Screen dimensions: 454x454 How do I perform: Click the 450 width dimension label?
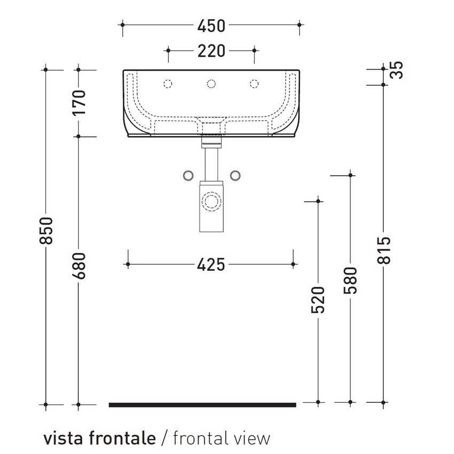212,26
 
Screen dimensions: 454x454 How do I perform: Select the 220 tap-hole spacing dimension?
212,51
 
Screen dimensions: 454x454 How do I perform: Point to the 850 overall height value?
47,231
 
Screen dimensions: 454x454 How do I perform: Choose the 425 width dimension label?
212,264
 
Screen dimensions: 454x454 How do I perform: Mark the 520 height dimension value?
318,300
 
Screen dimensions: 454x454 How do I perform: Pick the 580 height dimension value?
350,281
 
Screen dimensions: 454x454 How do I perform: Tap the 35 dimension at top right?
396,70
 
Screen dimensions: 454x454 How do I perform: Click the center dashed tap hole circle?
212,83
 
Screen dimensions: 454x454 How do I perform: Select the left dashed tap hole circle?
168,83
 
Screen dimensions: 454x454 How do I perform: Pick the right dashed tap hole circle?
255,83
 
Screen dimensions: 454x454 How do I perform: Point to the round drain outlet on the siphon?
212,201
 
